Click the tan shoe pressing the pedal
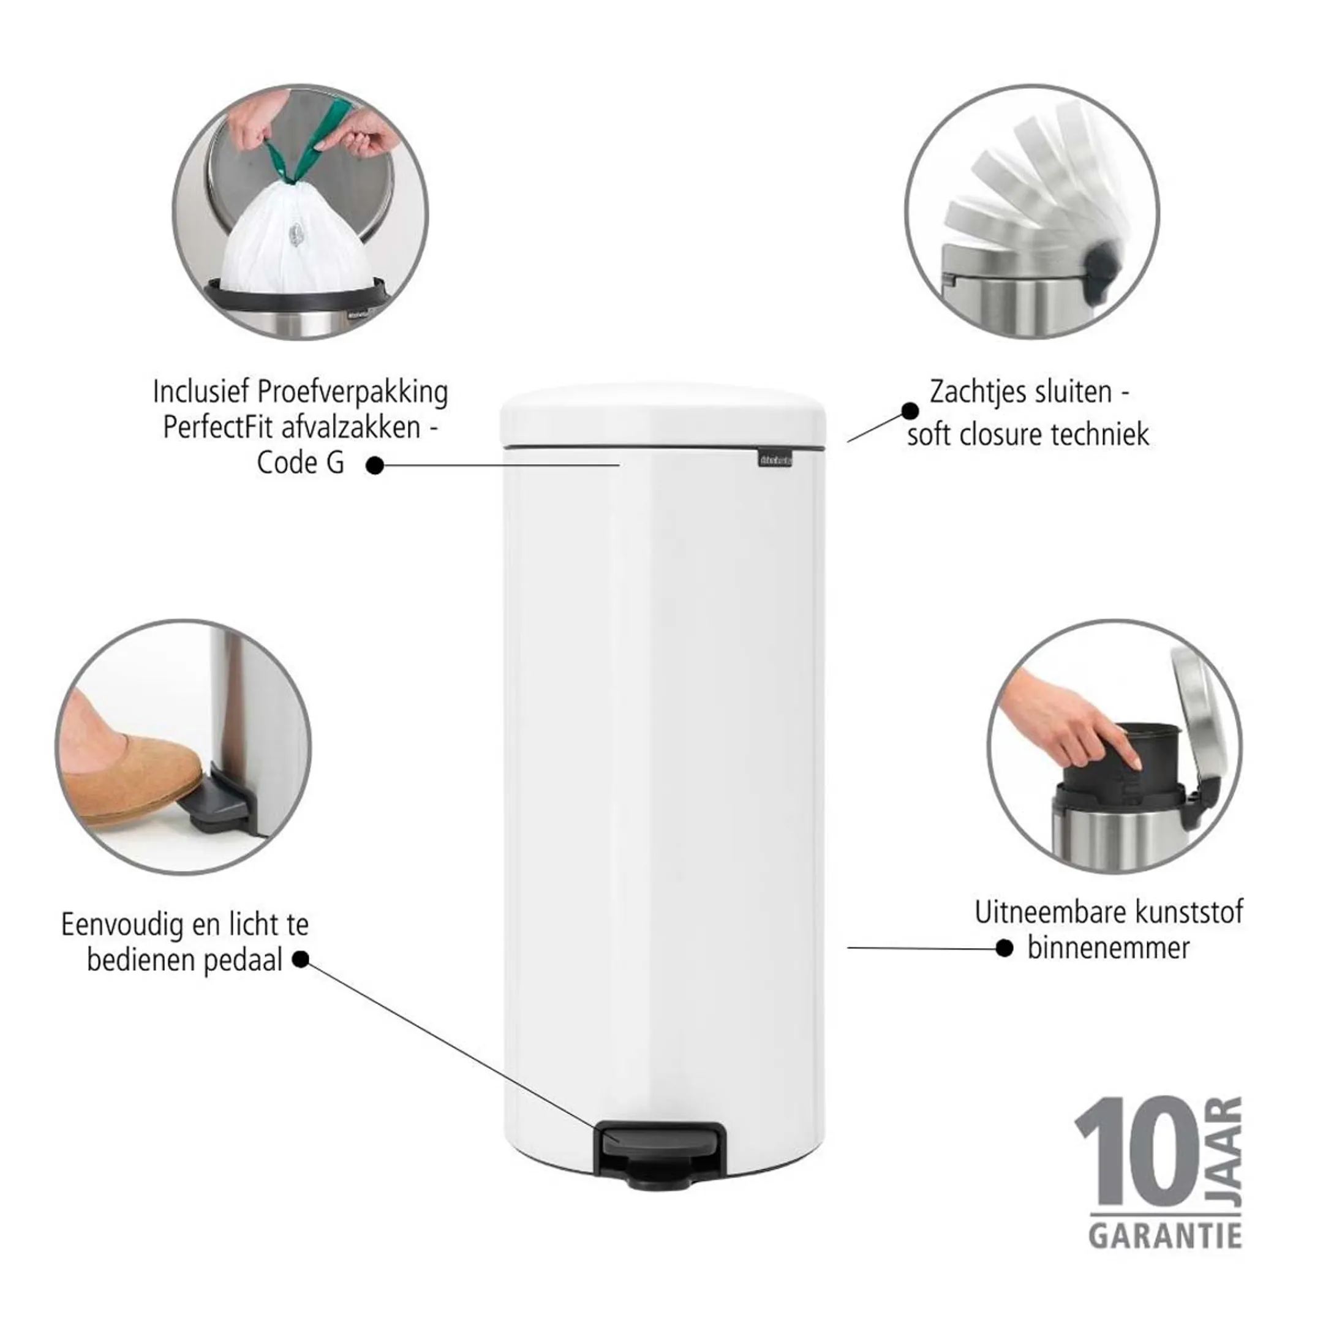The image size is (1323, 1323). point(130,777)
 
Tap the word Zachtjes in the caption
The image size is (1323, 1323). point(973,393)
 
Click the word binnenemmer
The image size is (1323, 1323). point(1108,948)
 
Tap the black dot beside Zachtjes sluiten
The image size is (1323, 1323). point(910,411)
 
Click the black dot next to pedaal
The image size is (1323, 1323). point(300,959)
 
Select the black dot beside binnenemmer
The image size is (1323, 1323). point(1004,948)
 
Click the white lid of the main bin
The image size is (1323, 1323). point(663,417)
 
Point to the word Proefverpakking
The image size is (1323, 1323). point(352,393)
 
